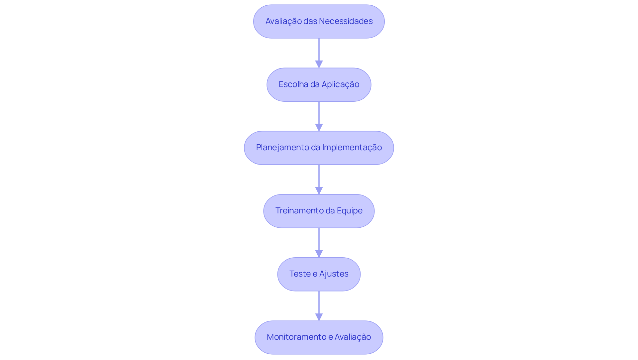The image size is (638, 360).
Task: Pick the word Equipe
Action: click(x=350, y=211)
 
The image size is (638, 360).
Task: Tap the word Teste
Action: click(x=300, y=274)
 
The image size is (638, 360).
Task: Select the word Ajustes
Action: click(x=334, y=274)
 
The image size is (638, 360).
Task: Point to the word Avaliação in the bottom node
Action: click(x=353, y=337)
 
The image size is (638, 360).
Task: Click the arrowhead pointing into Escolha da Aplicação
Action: click(x=319, y=64)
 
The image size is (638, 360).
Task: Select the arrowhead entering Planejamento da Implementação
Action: click(x=319, y=127)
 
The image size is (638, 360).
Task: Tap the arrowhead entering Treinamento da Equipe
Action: click(x=319, y=190)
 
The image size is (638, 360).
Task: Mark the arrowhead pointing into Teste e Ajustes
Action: click(x=319, y=254)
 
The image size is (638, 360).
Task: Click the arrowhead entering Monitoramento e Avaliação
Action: click(x=319, y=317)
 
